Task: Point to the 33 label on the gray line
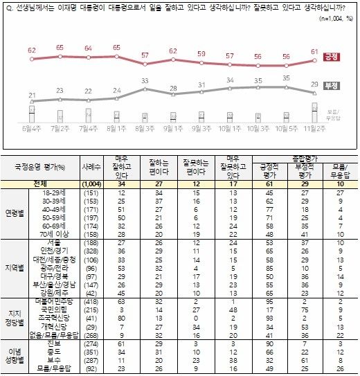coord(145,81)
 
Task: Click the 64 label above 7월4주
coord(88,48)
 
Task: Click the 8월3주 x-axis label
coord(144,128)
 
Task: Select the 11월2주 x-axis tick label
coord(314,128)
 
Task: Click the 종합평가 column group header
coord(305,159)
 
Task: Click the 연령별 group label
coord(16,212)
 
